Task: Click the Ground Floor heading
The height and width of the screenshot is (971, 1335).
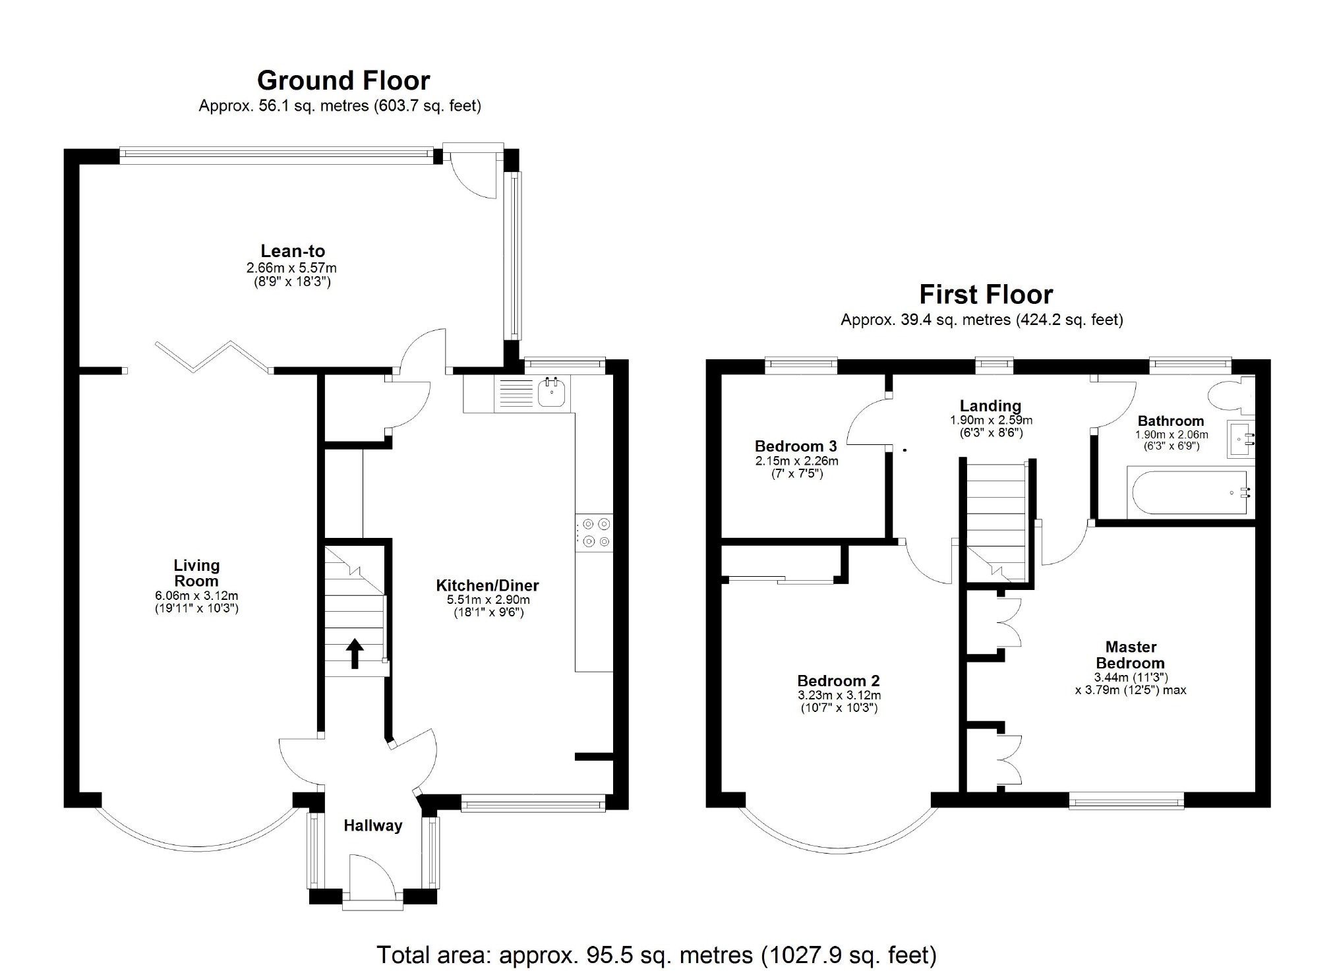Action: [x=343, y=80]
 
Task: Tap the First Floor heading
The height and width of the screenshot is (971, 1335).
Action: [x=986, y=294]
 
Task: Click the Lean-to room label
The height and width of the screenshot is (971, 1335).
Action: [x=293, y=250]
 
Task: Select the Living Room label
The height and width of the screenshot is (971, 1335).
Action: [x=196, y=573]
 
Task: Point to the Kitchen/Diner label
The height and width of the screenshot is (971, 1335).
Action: [x=487, y=585]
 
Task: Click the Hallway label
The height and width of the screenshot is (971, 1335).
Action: [x=372, y=826]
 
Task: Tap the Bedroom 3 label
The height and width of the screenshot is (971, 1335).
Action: [x=796, y=446]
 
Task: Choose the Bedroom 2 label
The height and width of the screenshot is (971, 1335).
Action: [x=839, y=681]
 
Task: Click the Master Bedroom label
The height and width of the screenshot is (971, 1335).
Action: [x=1131, y=655]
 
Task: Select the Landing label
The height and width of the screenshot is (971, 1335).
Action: [x=990, y=406]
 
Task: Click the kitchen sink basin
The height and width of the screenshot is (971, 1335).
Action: [x=552, y=393]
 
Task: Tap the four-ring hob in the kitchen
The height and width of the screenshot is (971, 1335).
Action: [x=594, y=533]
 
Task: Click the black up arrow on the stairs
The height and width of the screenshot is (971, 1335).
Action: [x=355, y=653]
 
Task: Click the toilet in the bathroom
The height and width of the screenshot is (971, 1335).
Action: [x=1230, y=395]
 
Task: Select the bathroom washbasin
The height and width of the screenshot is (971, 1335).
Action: [x=1241, y=440]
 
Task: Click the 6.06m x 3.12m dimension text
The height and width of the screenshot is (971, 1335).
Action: [x=196, y=596]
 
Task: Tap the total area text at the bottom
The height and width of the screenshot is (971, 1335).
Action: [x=656, y=955]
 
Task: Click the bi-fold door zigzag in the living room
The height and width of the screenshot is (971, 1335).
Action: [x=212, y=357]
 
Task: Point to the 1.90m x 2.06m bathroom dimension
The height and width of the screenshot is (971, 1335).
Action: [x=1172, y=435]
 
